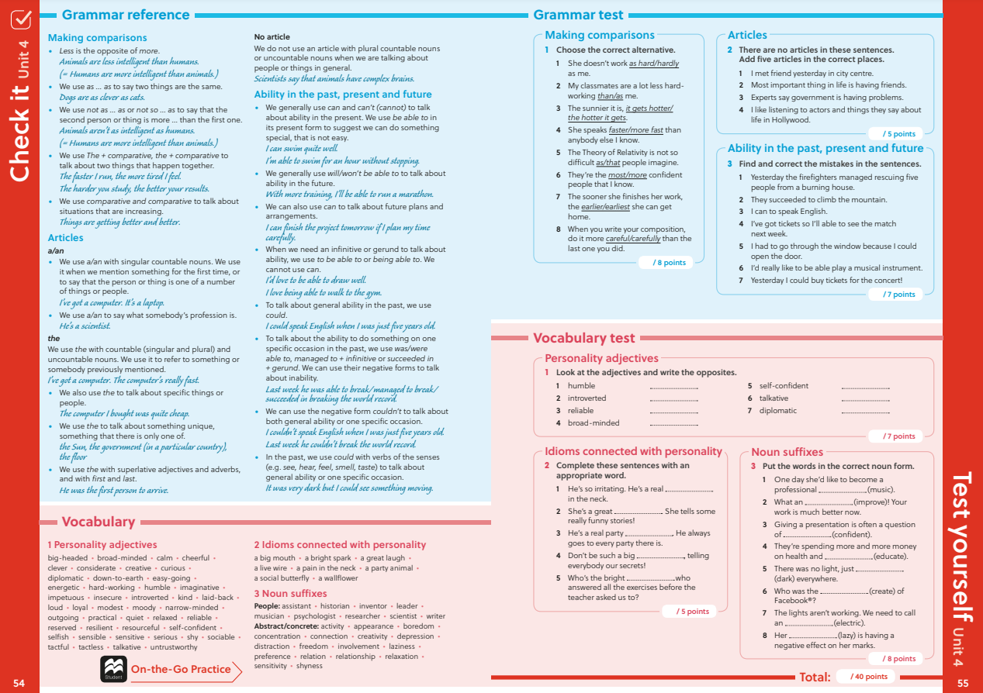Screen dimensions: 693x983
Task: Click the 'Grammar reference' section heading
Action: [x=125, y=15]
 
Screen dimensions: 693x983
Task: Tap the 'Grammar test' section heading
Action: [x=578, y=15]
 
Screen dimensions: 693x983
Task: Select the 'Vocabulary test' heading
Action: [x=583, y=338]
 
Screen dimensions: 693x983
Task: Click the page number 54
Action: [x=19, y=683]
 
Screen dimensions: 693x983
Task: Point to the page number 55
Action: [x=963, y=683]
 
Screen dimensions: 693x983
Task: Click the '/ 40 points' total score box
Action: [x=869, y=677]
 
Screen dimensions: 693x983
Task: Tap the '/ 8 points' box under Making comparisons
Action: [x=669, y=263]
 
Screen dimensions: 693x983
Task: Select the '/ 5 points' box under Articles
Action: [x=898, y=134]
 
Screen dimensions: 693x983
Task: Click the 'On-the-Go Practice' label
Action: [x=181, y=669]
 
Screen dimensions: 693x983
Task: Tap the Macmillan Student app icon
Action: [x=113, y=669]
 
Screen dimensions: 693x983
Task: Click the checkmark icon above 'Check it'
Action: [x=21, y=21]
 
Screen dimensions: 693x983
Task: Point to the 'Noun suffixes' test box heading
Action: [x=787, y=452]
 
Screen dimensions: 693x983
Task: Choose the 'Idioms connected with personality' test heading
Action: [x=633, y=452]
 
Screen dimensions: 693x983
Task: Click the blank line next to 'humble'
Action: [x=673, y=387]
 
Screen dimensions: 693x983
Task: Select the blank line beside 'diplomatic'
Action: [x=865, y=412]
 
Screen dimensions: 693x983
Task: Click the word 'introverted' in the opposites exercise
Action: [x=587, y=398]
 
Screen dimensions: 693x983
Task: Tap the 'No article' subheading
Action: [x=272, y=37]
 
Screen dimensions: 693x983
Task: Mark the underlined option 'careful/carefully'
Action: [x=632, y=239]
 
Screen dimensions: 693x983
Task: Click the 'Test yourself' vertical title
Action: [x=962, y=558]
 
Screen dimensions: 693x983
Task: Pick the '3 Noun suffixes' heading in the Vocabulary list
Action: [x=290, y=594]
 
